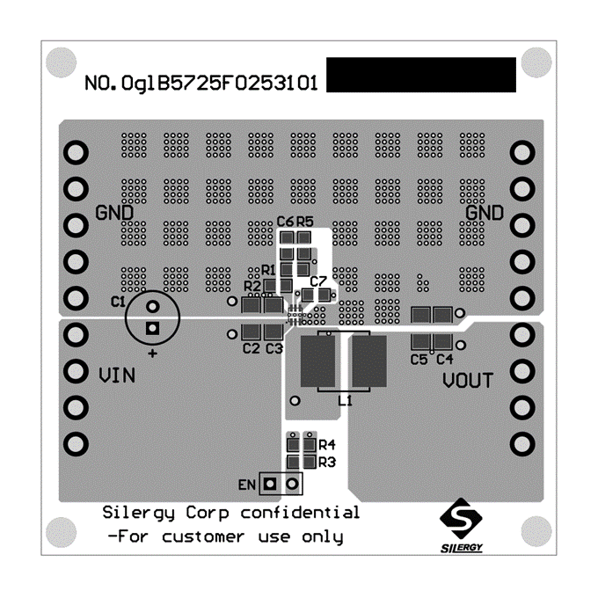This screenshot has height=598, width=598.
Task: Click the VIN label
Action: coord(116,376)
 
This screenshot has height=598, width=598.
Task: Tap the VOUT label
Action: coord(468,381)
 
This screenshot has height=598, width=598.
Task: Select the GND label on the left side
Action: coord(114,214)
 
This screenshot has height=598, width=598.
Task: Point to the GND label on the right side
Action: coord(485,214)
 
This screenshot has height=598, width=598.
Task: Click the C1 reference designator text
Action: coord(118,302)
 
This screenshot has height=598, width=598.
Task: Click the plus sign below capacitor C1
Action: coord(152,354)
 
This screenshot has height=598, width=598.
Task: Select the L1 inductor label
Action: coord(346,400)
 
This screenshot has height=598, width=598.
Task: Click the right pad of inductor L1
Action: coord(369,361)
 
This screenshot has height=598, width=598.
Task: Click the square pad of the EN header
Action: coord(272,483)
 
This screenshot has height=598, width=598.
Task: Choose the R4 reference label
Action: coord(327,445)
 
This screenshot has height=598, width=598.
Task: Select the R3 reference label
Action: coord(327,462)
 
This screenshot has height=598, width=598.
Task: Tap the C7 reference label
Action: coord(318,281)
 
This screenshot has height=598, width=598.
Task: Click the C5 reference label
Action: coord(419,359)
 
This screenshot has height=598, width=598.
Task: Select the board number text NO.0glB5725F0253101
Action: coord(201,84)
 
